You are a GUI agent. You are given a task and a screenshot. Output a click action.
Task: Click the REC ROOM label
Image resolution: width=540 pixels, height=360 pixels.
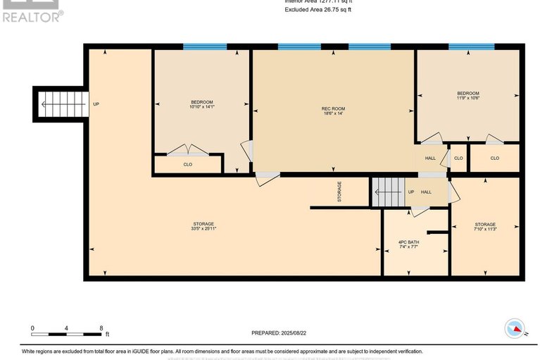pos(333,108)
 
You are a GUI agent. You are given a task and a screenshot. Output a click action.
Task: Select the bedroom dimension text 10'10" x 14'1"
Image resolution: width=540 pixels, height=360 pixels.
pos(201,108)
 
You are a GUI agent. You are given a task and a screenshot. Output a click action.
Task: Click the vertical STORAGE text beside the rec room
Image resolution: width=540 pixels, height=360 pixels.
pos(339,192)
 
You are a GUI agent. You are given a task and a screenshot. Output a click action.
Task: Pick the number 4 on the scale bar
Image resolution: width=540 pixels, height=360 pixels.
pos(66,328)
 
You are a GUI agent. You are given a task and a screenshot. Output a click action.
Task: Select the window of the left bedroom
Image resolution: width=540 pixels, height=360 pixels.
pos(205,47)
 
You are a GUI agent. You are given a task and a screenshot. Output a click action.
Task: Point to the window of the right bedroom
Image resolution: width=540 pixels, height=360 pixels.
pos(467,47)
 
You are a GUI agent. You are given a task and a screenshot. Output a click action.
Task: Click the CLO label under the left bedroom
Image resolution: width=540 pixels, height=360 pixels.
pos(188,165)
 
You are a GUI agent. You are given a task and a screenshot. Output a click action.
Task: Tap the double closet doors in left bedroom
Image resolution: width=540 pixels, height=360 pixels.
pos(188,150)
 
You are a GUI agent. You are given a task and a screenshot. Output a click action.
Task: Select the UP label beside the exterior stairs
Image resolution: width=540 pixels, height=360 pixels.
pos(96,104)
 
